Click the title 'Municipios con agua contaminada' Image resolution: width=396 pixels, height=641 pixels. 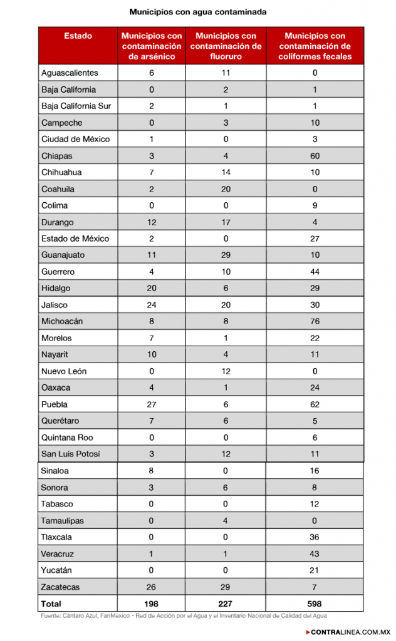coord(197,12)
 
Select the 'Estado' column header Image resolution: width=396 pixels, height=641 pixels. coord(78,36)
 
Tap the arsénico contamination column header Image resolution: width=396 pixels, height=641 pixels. coord(152,46)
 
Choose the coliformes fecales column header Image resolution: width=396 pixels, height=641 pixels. coord(315,46)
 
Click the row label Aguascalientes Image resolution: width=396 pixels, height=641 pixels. coord(70,73)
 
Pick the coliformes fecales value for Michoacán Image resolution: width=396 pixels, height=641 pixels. coord(315,321)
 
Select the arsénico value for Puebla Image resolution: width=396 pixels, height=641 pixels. coord(152,404)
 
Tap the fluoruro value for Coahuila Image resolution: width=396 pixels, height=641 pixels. coord(226,189)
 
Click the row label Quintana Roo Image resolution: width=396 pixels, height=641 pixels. coord(68,438)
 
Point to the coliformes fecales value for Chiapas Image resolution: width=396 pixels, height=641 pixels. coord(315,156)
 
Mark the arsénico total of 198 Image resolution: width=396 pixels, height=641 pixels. coord(152,603)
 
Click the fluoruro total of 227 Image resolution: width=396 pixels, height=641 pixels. coord(226,603)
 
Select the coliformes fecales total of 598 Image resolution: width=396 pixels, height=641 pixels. coord(315,603)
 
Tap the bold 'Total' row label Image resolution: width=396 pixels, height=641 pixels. coord(51,603)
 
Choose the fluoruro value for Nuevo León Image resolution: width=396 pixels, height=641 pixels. coord(226,371)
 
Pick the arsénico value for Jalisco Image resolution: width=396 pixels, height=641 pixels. coord(152,305)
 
